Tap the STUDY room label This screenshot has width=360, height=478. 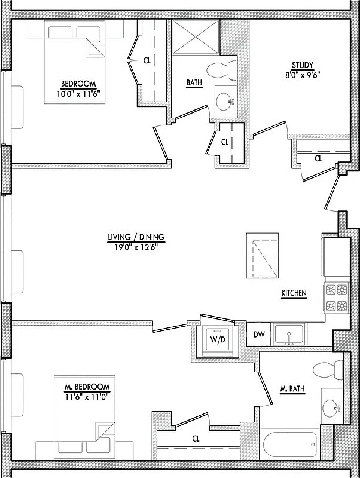pyautogui.click(x=302, y=65)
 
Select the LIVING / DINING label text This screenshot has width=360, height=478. pyautogui.click(x=136, y=237)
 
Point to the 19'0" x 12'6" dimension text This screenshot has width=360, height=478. pyautogui.click(x=136, y=246)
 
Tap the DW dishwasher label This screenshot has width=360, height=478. pyautogui.click(x=259, y=335)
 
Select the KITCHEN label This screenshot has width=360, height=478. pyautogui.click(x=294, y=293)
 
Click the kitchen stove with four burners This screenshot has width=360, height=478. pyautogui.click(x=335, y=298)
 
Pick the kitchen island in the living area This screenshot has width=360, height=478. pyautogui.click(x=263, y=256)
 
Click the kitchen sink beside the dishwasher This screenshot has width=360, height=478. pyautogui.click(x=289, y=334)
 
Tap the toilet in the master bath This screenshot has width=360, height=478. pyautogui.click(x=328, y=369)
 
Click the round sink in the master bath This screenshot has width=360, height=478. pyautogui.click(x=330, y=409)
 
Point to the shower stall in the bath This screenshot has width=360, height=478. pyautogui.click(x=196, y=38)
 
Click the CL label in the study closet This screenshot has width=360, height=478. pyautogui.click(x=318, y=158)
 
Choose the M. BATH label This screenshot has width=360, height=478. pyautogui.click(x=292, y=390)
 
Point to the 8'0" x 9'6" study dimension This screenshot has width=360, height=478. pyautogui.click(x=302, y=75)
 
